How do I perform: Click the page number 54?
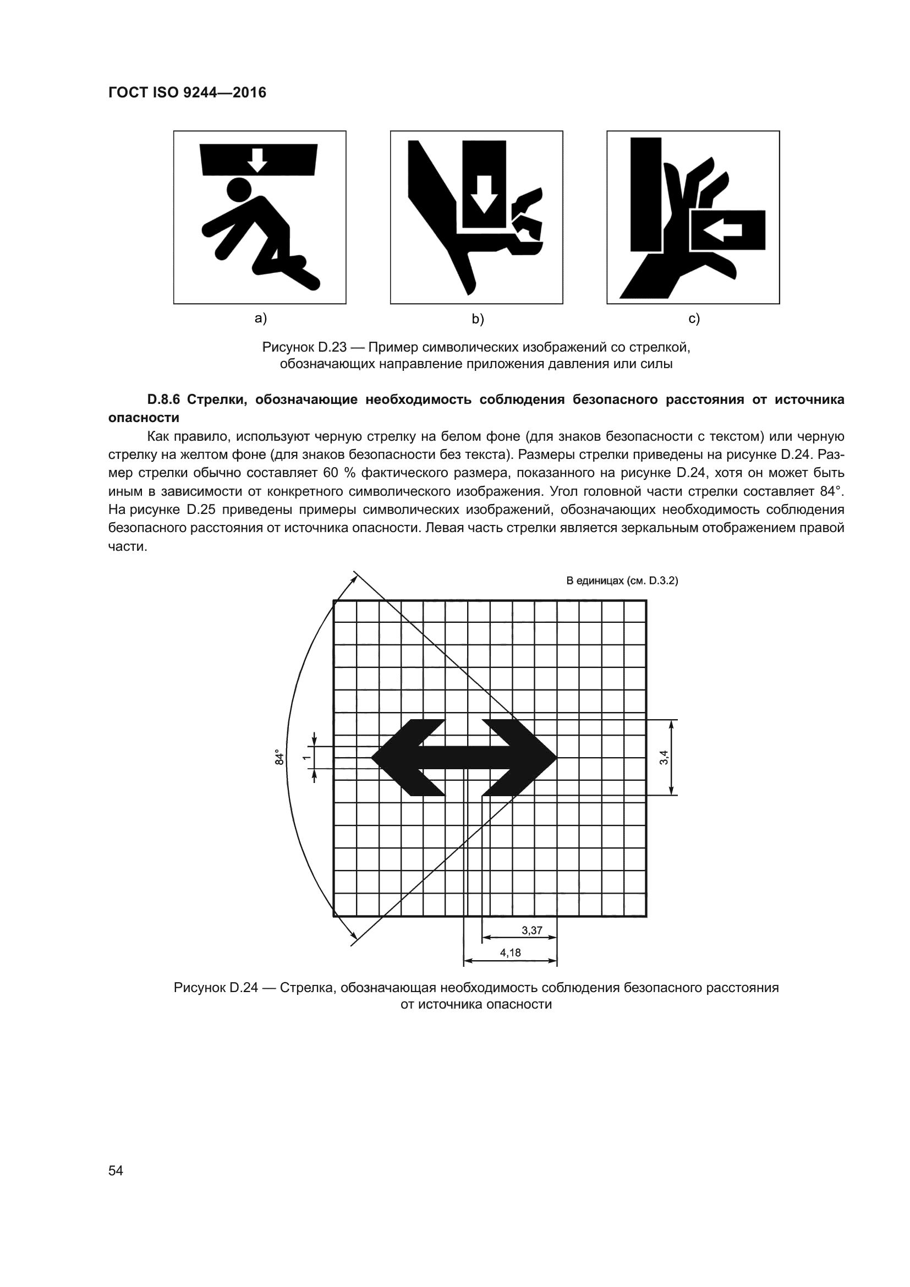[x=116, y=1170]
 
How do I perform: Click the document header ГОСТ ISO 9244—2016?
[x=187, y=92]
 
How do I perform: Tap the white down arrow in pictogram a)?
[x=257, y=160]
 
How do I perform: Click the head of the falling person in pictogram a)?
[x=239, y=190]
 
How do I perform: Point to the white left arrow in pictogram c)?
[x=723, y=230]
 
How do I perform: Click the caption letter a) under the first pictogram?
[x=261, y=319]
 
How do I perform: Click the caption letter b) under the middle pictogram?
[x=478, y=320]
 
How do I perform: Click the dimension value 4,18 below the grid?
[x=511, y=953]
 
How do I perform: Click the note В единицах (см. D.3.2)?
[x=622, y=580]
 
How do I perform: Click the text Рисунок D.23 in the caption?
[x=304, y=348]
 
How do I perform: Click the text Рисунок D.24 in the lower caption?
[x=216, y=988]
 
